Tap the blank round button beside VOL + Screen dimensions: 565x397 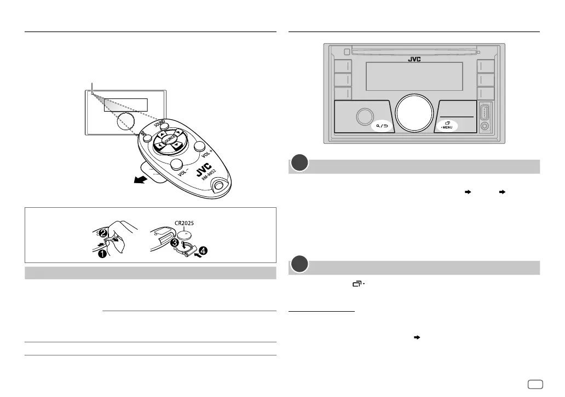coord(199,147)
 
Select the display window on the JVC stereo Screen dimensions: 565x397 coord(414,76)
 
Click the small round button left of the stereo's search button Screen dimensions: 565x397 coord(363,116)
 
